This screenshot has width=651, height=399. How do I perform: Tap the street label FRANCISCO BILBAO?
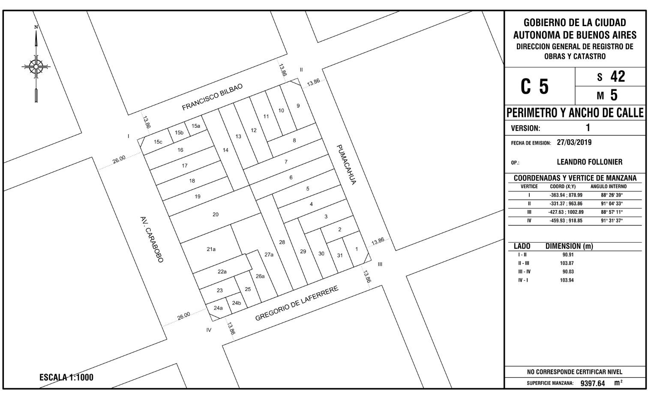212,97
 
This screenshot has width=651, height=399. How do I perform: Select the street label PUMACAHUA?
346,165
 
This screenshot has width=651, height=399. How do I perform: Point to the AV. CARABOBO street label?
152,240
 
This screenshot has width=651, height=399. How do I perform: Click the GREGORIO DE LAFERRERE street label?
297,303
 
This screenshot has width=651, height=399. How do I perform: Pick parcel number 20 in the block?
215,214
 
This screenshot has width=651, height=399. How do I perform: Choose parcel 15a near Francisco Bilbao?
196,126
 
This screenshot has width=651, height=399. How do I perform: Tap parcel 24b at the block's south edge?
236,303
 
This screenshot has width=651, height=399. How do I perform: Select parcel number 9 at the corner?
298,106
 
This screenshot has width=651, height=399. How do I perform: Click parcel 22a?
222,272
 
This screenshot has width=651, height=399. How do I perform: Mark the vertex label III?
380,264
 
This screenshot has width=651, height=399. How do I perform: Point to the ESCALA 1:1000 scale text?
66,378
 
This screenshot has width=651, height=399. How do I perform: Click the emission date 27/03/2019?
574,142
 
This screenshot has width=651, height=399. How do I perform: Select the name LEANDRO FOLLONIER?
590,162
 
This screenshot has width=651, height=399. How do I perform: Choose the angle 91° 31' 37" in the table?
612,221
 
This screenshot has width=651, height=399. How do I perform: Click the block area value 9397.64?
593,384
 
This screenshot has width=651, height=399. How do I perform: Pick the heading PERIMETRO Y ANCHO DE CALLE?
575,113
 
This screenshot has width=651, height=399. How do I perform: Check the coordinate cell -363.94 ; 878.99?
566,195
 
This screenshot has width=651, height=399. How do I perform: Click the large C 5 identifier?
534,87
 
